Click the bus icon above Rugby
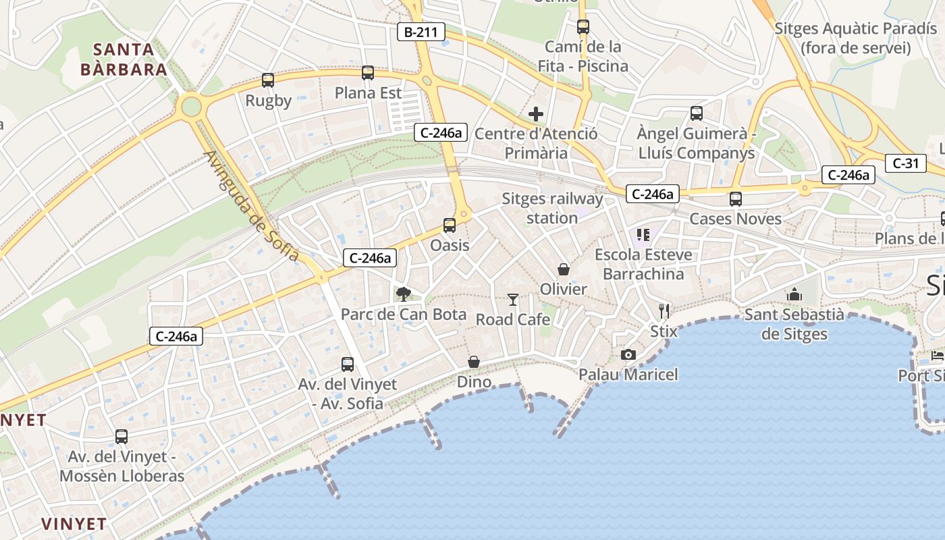(x=268, y=80)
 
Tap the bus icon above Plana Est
(x=368, y=73)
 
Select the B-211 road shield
(x=421, y=32)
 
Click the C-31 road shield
(x=905, y=163)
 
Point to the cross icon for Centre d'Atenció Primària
(x=536, y=114)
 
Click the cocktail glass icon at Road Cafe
(x=513, y=299)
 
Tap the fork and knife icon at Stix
(x=664, y=311)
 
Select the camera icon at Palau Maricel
(x=628, y=354)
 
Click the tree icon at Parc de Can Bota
(x=404, y=294)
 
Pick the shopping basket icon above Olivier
(x=564, y=269)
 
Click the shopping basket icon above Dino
(x=474, y=362)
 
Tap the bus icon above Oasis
(x=450, y=225)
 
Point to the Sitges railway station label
(x=552, y=209)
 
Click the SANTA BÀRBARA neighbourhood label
(x=124, y=59)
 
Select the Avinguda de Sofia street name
(x=252, y=206)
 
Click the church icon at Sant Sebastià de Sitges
(x=794, y=295)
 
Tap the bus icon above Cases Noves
(x=736, y=199)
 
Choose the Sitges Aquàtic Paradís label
(x=855, y=38)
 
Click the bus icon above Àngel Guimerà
(x=697, y=113)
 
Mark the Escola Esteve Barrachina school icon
(x=643, y=235)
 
